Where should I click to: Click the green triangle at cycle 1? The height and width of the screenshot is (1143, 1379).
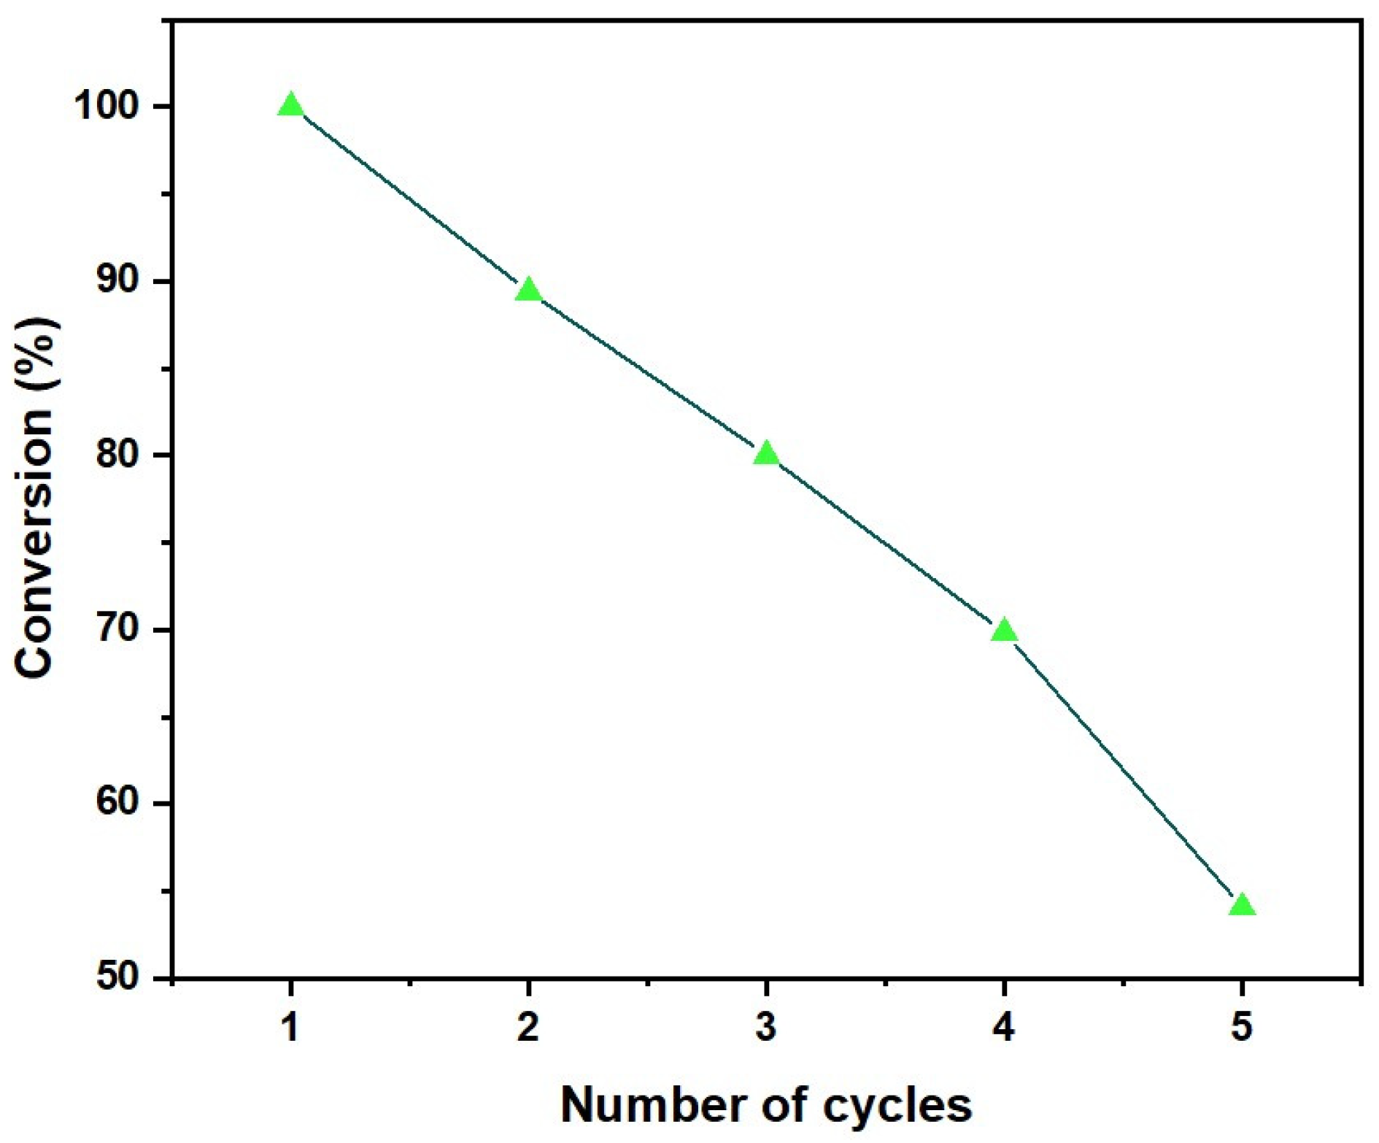290,106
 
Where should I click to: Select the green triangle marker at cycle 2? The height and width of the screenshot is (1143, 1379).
528,290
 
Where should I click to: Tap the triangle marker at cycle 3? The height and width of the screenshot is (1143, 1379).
766,454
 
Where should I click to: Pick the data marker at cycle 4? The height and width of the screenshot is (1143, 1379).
1004,630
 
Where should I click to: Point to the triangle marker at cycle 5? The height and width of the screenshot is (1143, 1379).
1241,906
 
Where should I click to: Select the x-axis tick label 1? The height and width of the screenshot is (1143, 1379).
290,1028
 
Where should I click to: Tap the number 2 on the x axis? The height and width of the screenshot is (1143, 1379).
528,1028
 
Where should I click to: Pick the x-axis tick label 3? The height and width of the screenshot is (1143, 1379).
766,1028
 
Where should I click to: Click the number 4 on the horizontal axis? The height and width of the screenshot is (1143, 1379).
1004,1028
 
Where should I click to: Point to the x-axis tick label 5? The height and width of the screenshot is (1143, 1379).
1241,1028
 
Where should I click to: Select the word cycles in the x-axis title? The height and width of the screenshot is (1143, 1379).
898,1106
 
